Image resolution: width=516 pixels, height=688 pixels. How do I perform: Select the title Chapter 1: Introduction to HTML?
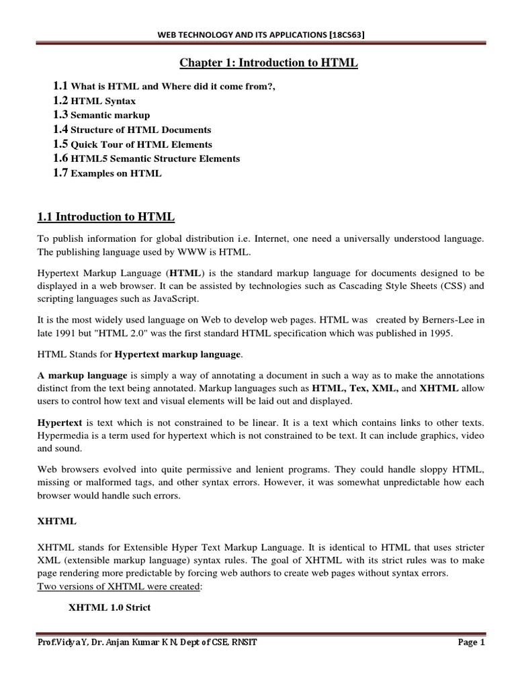point(268,63)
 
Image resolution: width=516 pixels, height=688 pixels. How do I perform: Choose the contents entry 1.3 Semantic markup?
point(101,115)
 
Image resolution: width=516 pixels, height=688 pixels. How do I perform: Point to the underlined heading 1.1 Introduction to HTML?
point(105,216)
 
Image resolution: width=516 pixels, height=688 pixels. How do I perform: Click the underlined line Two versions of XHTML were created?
point(112,587)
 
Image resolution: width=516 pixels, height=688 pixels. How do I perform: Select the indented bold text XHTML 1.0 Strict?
point(110,607)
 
